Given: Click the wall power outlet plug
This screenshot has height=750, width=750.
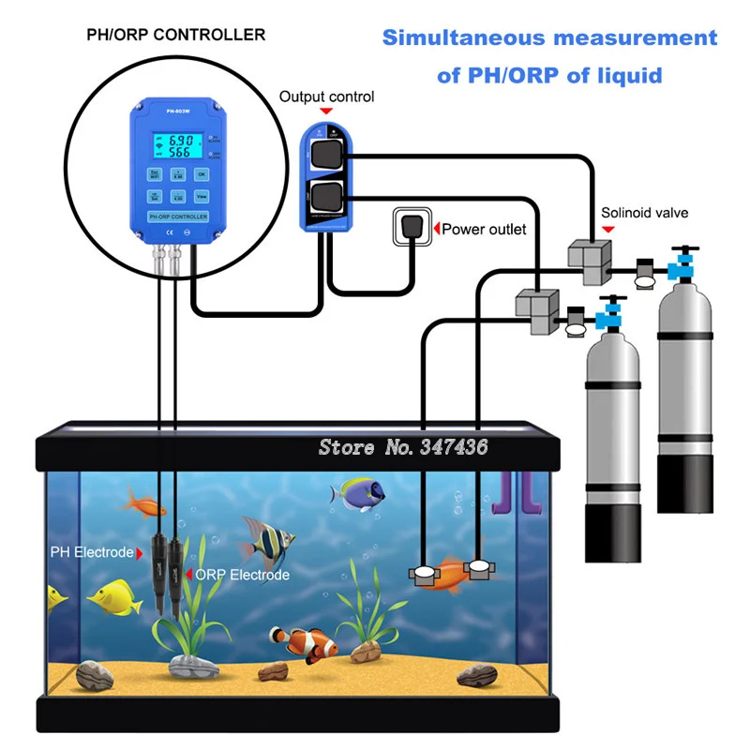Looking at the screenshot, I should click(410, 228).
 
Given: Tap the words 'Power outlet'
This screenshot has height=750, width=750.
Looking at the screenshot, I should click(484, 229).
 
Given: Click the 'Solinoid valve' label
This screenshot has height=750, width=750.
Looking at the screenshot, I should click(644, 213).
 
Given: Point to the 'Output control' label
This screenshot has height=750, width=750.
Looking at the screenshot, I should click(327, 97).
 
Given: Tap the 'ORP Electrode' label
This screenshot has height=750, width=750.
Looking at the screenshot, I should click(242, 575).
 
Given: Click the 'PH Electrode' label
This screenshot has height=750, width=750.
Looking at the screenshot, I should click(92, 552).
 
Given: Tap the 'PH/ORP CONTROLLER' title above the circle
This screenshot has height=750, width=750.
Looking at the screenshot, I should click(175, 35).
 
